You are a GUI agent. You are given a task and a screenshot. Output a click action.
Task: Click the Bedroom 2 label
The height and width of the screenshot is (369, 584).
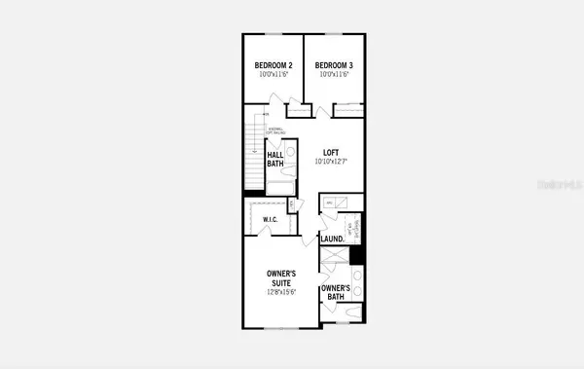(272, 65)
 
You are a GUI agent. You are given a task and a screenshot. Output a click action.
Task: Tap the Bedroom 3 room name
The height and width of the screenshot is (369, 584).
(333, 65)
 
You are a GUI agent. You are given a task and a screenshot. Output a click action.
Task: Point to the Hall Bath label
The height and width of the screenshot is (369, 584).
(275, 159)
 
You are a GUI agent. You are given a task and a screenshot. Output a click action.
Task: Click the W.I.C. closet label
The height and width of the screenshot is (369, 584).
(272, 220)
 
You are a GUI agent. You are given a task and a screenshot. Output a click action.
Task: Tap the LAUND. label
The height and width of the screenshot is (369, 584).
(332, 239)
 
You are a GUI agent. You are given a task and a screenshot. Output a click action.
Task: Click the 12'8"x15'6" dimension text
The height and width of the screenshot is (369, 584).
(282, 292)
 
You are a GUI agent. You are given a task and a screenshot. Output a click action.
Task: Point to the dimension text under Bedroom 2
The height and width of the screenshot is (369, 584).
(272, 75)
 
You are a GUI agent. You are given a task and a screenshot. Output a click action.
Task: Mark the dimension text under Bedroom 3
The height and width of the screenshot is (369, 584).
(333, 75)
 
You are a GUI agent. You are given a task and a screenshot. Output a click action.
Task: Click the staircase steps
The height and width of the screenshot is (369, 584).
(252, 156)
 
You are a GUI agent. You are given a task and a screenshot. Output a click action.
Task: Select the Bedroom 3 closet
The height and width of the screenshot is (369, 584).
(348, 110)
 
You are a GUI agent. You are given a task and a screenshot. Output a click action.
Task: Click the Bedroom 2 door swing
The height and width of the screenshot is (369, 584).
(279, 100)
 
